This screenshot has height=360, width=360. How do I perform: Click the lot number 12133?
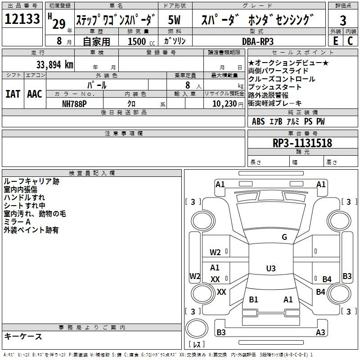pyautogui.click(x=22, y=18)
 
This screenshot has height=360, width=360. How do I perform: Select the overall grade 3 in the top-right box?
pyautogui.click(x=343, y=20)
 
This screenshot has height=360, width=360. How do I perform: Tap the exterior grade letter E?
pyautogui.click(x=336, y=41)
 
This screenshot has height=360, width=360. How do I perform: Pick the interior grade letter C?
pyautogui.click(x=350, y=41)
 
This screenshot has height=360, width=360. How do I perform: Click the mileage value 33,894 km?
pyautogui.click(x=54, y=65)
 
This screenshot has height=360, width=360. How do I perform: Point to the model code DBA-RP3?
pyautogui.click(x=258, y=41)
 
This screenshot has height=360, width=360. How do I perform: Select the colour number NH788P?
pyautogui.click(x=74, y=104)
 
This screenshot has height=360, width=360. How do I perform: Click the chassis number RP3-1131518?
pyautogui.click(x=302, y=143)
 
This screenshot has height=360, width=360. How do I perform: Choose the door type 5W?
pyautogui.click(x=174, y=20)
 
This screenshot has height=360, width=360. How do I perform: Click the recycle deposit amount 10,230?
pyautogui.click(x=225, y=104)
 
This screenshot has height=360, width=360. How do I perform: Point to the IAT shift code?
pyautogui.click(x=13, y=94)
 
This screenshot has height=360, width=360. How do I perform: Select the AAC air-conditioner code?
pyautogui.click(x=35, y=94)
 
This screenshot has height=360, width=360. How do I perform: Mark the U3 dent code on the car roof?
pyautogui.click(x=271, y=268)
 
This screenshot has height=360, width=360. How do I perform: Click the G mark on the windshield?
pyautogui.click(x=284, y=237)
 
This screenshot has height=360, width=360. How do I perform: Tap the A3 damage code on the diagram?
pyautogui.click(x=320, y=332)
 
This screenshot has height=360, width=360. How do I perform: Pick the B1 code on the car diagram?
pyautogui.click(x=253, y=299)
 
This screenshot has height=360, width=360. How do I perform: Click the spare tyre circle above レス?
pyautogui.click(x=197, y=329)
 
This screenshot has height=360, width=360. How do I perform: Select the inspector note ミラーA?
pyautogui.click(x=17, y=222)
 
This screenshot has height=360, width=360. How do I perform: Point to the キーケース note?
pyautogui.click(x=23, y=336)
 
